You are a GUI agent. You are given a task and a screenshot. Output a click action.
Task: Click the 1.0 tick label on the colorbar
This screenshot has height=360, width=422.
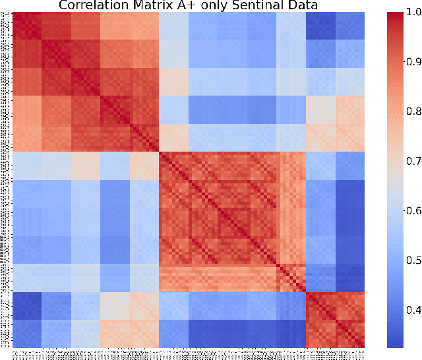pos(412,13)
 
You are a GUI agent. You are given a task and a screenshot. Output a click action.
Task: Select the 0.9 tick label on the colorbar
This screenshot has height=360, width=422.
pos(412,62)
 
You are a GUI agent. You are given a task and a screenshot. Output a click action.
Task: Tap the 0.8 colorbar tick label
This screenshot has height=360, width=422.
pos(412,111)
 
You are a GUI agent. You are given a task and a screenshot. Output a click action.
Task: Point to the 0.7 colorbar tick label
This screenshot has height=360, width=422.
pos(412,161)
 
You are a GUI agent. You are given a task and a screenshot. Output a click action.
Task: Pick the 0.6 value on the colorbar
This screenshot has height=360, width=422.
pos(412,211)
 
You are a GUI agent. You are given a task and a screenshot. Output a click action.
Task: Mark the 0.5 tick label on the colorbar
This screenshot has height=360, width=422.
pos(412,260)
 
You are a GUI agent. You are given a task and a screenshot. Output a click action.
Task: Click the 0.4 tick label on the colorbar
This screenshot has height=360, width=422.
pos(412,310)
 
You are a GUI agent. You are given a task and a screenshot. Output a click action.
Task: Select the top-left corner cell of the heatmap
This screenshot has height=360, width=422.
pos(15,15)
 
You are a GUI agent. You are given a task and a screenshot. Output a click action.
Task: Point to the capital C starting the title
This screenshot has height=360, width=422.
pos(63,5)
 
